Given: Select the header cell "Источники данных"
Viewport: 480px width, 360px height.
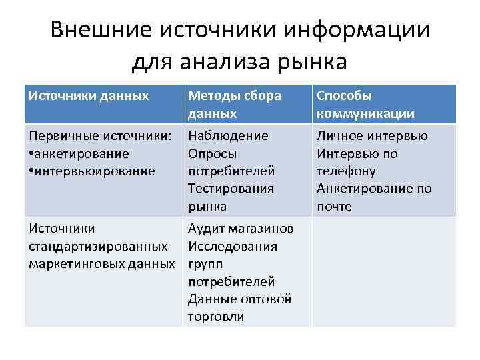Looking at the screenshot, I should (x=89, y=96).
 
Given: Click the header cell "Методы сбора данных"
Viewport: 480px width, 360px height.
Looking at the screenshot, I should (x=234, y=105).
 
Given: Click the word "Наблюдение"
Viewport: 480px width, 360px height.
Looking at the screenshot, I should (x=228, y=136).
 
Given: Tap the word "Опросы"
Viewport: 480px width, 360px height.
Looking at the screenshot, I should (x=211, y=153).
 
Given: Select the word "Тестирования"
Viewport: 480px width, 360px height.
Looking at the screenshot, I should (x=231, y=189).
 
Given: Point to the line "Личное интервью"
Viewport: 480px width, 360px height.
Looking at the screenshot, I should (x=372, y=136).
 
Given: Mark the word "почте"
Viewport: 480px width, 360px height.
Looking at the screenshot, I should (x=334, y=207).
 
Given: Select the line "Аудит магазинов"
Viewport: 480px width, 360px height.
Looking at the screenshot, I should (x=240, y=229).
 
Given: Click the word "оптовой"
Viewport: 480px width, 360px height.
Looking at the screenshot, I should (x=267, y=299).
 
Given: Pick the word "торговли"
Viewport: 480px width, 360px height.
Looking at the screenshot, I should (x=216, y=317).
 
